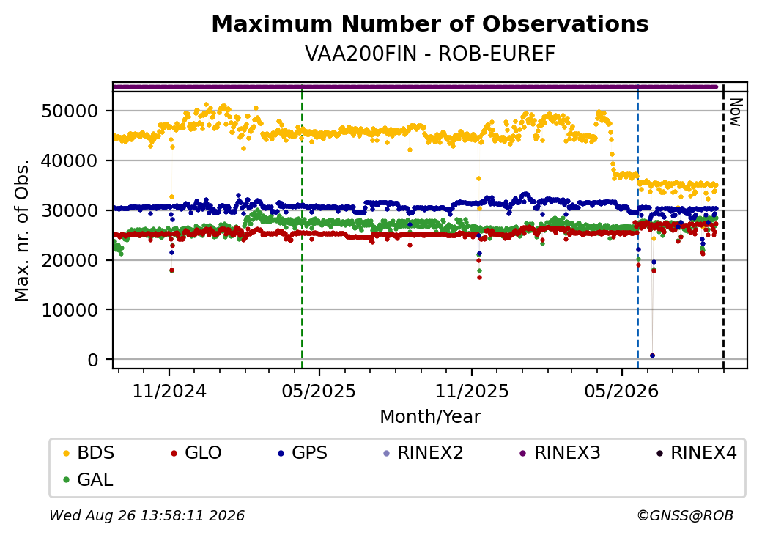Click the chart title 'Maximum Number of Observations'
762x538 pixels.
[x=430, y=23]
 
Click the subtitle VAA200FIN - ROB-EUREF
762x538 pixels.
[x=430, y=54]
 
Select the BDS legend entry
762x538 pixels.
[x=89, y=453]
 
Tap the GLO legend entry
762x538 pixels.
[x=196, y=453]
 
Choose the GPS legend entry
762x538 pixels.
[x=303, y=453]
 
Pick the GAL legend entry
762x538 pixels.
[x=89, y=479]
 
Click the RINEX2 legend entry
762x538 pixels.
[x=423, y=453]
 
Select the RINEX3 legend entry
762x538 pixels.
[x=561, y=453]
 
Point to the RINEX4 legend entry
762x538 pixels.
[x=696, y=453]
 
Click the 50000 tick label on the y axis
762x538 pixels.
[x=70, y=111]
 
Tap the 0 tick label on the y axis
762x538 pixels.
[x=93, y=360]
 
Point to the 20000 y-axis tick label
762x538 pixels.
[x=70, y=260]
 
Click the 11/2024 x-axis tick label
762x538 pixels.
[x=169, y=391]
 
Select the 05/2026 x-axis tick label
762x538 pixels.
[x=621, y=391]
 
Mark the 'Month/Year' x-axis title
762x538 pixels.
[x=430, y=417]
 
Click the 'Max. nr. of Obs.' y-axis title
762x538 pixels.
[x=22, y=230]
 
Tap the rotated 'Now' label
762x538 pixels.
[x=736, y=112]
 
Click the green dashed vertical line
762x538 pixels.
[x=303, y=226]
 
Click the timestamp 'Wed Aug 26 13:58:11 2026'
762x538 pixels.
[x=147, y=515]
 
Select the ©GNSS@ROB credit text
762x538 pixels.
[x=685, y=515]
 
